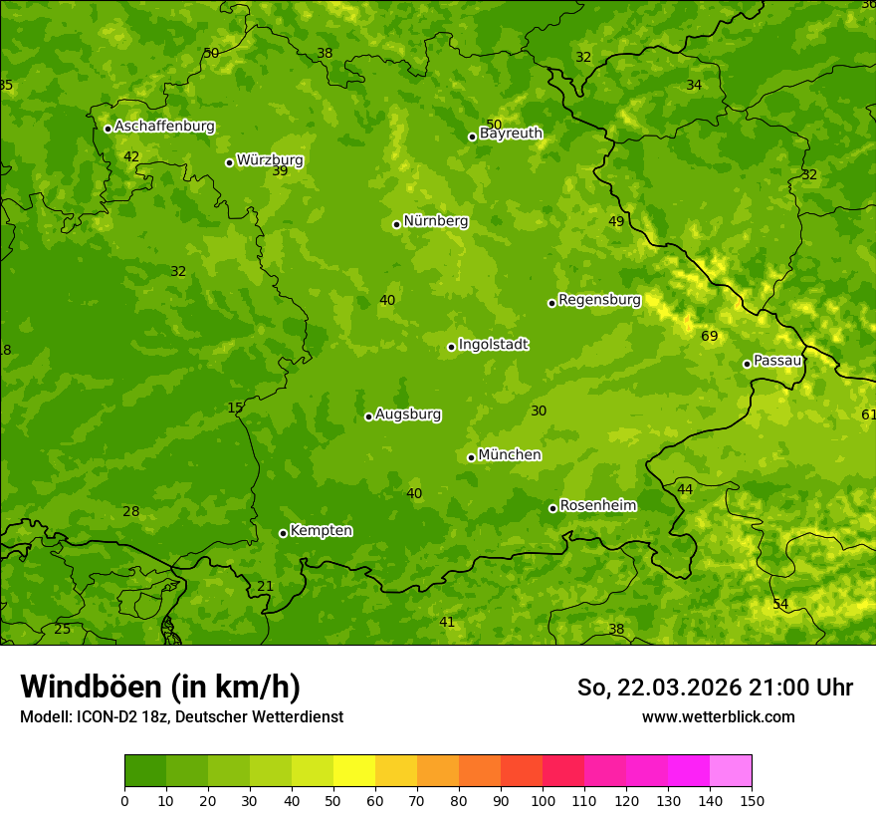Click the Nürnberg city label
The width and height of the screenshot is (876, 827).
click(435, 221)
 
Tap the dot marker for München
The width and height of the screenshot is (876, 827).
click(472, 457)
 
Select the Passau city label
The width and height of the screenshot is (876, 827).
click(777, 361)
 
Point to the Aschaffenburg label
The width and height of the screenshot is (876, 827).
click(164, 127)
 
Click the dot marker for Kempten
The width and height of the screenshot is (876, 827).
click(283, 533)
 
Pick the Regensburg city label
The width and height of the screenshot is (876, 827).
click(599, 300)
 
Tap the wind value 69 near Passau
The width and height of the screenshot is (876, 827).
click(710, 337)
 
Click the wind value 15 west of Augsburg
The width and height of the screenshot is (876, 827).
click(235, 408)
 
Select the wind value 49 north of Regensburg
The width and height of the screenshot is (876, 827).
click(616, 221)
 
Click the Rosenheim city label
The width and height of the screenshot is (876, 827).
click(597, 506)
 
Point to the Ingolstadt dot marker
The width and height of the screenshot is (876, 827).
click(452, 347)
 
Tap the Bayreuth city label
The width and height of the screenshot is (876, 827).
click(511, 134)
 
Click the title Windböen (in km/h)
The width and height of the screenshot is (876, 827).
click(160, 687)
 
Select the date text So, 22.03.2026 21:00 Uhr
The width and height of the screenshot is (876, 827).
click(715, 688)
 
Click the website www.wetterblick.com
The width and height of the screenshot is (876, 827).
click(718, 716)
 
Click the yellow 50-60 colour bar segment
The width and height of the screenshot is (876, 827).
click(354, 771)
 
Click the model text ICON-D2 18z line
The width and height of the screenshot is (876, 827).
click(181, 716)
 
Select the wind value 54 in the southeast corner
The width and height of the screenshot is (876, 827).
click(780, 605)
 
